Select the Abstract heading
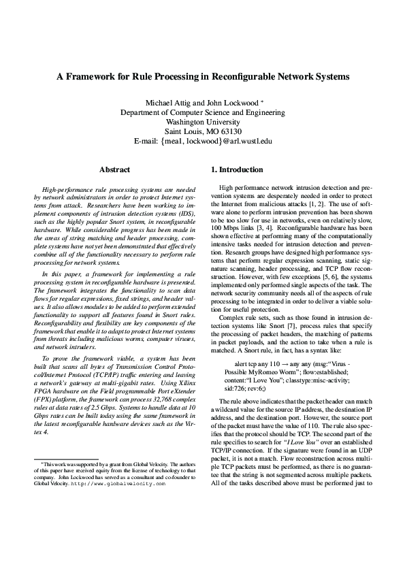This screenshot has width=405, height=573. click(115, 168)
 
